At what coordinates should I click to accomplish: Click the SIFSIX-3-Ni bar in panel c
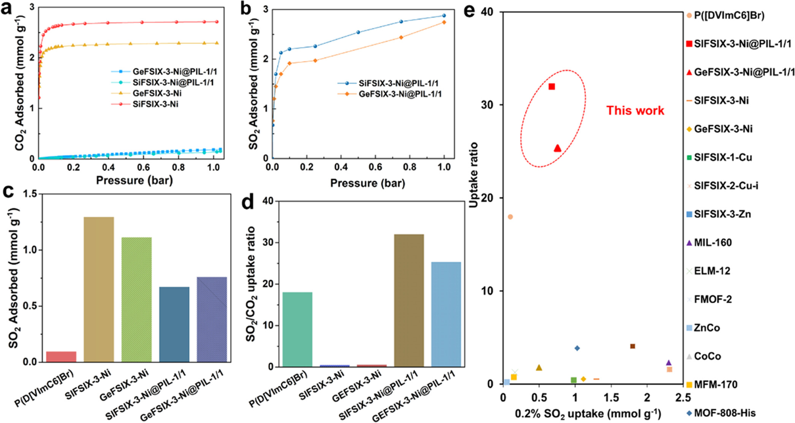tap(98, 289)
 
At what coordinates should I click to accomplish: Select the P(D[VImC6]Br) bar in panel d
tap(297, 329)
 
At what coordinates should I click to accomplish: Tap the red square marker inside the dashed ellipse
tap(552, 87)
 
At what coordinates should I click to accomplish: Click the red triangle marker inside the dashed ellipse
tap(557, 148)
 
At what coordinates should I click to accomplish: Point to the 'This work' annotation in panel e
tap(635, 110)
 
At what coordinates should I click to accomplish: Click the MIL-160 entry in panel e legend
tap(713, 243)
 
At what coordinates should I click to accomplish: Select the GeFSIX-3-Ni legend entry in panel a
tap(157, 93)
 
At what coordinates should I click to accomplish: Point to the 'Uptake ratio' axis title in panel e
tap(474, 175)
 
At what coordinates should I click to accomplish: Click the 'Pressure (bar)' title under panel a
tap(134, 180)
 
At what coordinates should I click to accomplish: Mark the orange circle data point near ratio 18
tap(510, 217)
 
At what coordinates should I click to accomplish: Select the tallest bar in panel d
tap(409, 301)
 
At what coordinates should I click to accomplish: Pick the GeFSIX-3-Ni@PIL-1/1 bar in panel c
tap(212, 320)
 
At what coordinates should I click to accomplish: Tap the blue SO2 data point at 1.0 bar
tap(444, 16)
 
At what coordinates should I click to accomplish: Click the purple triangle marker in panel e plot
tap(669, 363)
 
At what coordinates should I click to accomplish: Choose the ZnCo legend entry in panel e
tap(706, 328)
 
